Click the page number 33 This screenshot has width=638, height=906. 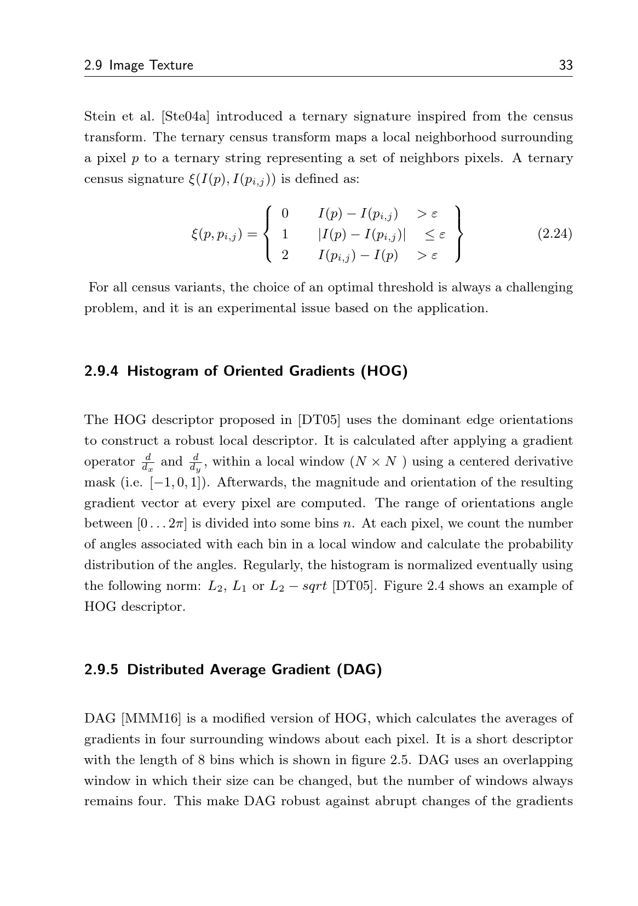point(565,65)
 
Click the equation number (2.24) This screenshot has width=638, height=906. point(554,234)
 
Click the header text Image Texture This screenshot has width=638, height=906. point(151,65)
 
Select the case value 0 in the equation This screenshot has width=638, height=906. point(285,213)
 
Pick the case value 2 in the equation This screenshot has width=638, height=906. point(285,255)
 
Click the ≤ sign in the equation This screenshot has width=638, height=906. point(429,234)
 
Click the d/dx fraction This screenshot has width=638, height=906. point(147,462)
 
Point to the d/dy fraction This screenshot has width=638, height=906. point(195,462)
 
